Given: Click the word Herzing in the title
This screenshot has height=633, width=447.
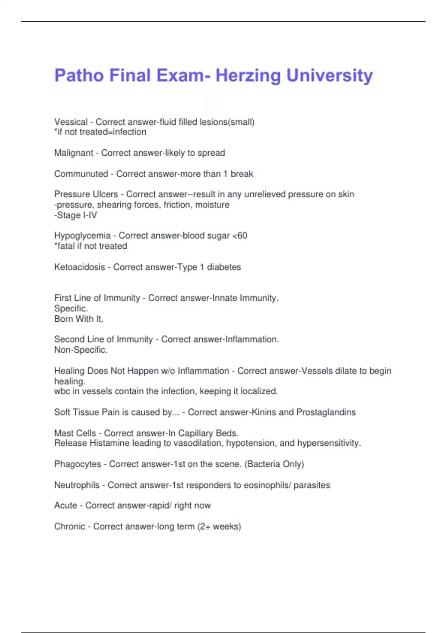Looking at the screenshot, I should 248,76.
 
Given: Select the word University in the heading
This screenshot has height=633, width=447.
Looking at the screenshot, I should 329,76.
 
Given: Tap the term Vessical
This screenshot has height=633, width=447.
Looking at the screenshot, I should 71,122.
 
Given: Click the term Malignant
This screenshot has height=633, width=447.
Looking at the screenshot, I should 74,153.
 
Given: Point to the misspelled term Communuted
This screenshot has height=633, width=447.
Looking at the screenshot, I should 81,174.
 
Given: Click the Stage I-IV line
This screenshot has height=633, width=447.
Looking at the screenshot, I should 76,215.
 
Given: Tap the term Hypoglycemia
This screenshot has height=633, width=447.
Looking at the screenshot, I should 82,235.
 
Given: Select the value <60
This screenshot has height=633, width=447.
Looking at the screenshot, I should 240,235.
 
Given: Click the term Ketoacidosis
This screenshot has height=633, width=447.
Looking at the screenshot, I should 80,267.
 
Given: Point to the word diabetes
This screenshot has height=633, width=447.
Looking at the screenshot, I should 224,267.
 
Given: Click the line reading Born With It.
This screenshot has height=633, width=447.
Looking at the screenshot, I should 79,319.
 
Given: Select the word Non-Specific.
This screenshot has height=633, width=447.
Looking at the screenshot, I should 81,350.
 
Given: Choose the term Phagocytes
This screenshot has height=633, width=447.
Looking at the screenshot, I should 77,464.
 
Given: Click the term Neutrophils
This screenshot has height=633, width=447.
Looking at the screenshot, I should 77,485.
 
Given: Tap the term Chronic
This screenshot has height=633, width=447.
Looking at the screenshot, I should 70,527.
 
